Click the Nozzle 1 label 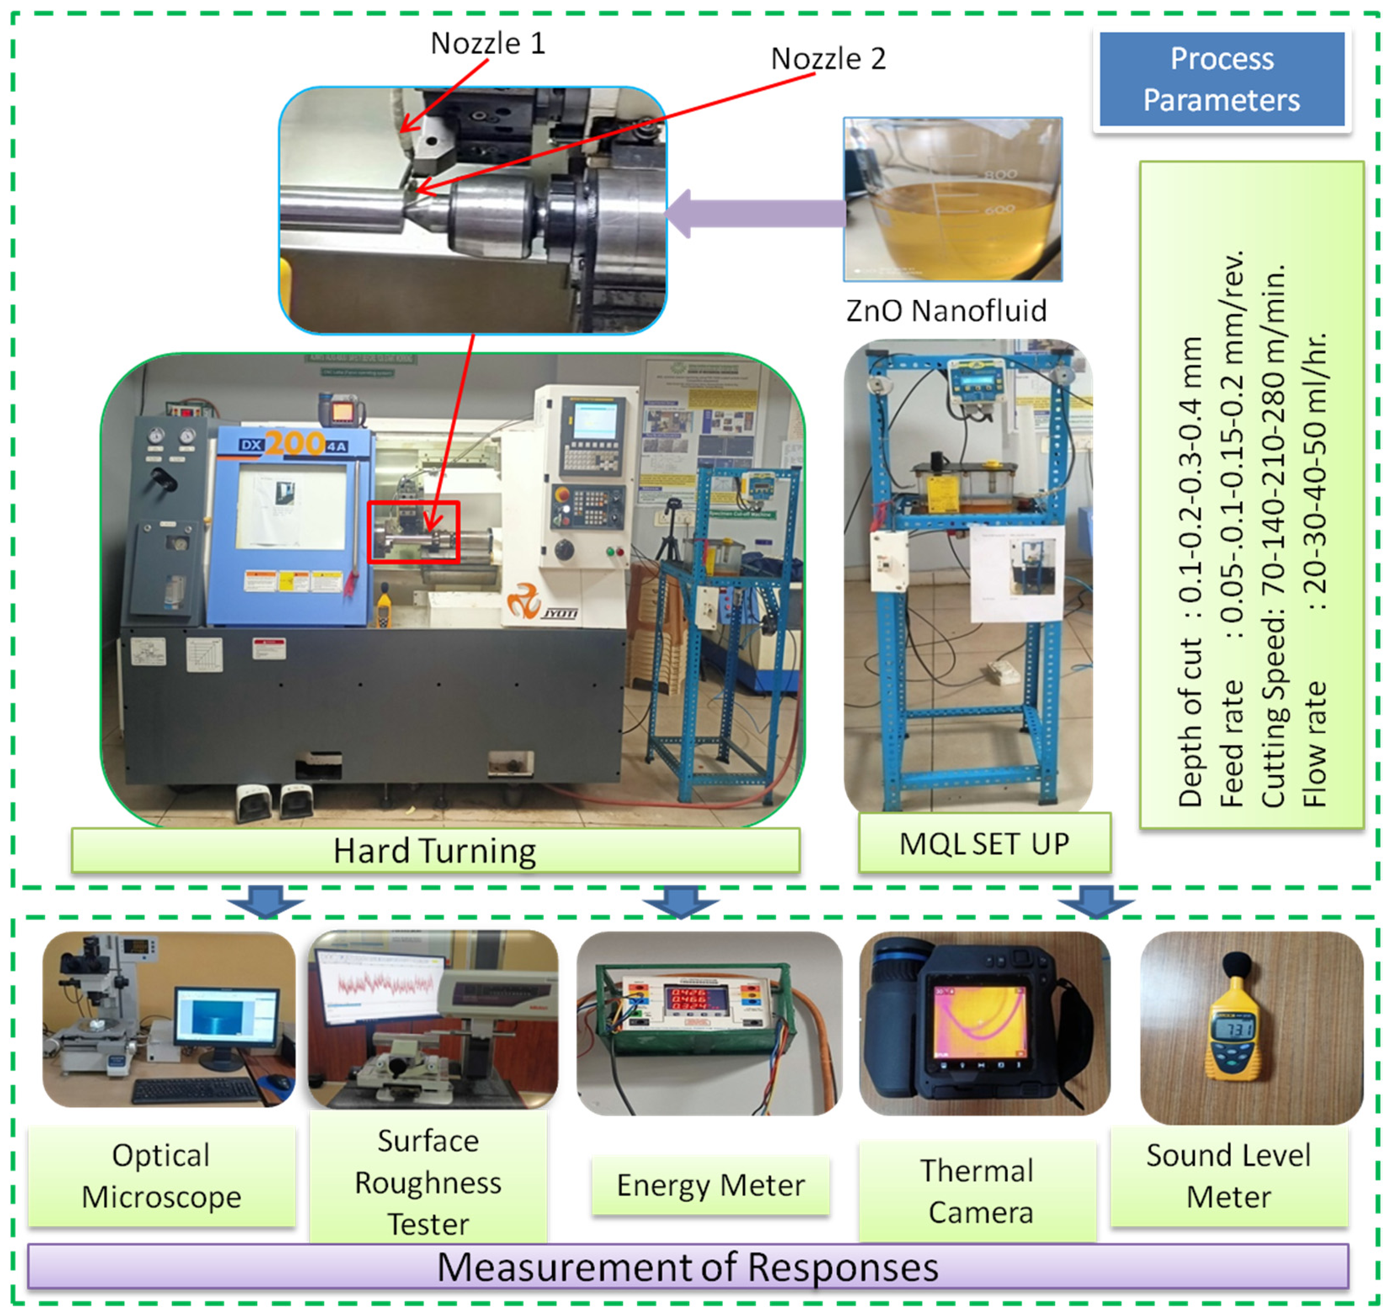(x=488, y=43)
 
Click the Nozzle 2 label (x=828, y=59)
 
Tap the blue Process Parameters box (x=1221, y=79)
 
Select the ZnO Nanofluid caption (x=946, y=311)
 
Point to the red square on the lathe (x=414, y=532)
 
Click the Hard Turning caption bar (x=435, y=850)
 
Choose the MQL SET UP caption (x=984, y=844)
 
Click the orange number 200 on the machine (x=295, y=443)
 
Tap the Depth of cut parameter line (x=1190, y=571)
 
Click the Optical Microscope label (x=161, y=1176)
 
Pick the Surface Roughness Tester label (x=428, y=1183)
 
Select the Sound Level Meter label (x=1228, y=1176)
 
